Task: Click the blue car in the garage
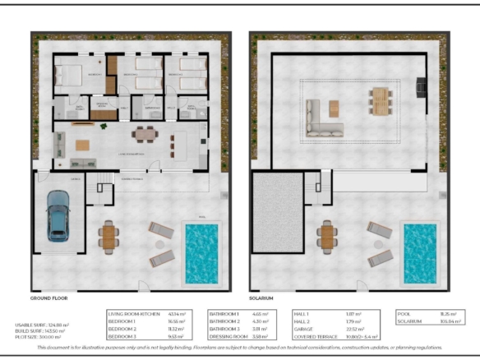point(58,215)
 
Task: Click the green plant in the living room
point(102,127)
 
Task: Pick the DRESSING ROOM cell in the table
point(229,337)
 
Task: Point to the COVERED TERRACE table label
point(316,337)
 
